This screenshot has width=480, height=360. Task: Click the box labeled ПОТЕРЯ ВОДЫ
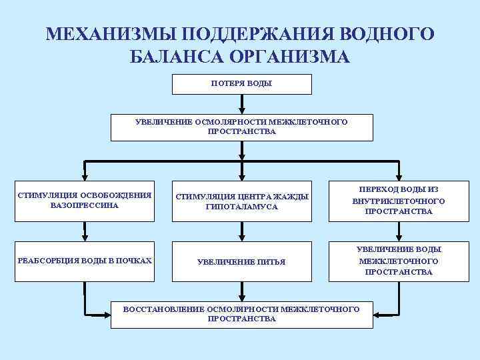coord(242,84)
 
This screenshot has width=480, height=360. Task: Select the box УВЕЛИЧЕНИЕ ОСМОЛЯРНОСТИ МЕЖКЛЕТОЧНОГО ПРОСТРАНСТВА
coord(242,127)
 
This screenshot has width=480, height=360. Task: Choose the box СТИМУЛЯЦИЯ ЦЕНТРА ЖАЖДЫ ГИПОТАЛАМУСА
coord(242,201)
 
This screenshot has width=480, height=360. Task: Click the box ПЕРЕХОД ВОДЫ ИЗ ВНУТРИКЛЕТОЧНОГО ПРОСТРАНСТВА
coord(399,201)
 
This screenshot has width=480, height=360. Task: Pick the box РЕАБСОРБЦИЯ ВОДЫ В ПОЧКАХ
coord(85,261)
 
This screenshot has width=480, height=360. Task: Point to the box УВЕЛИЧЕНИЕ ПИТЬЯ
coord(242,262)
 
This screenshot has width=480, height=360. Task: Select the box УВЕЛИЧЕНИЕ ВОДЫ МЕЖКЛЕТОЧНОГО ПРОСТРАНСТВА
coord(399,261)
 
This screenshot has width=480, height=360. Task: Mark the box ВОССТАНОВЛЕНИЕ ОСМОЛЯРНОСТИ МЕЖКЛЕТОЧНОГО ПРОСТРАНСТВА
coord(242,314)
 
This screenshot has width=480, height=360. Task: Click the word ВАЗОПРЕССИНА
coord(85,205)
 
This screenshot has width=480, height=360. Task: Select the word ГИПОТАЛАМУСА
coord(242,207)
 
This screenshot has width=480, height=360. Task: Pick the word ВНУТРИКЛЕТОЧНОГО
coord(399,201)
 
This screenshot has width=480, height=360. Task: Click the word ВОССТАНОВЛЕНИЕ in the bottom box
coord(165,309)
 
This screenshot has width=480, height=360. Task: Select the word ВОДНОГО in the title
coord(387,34)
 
